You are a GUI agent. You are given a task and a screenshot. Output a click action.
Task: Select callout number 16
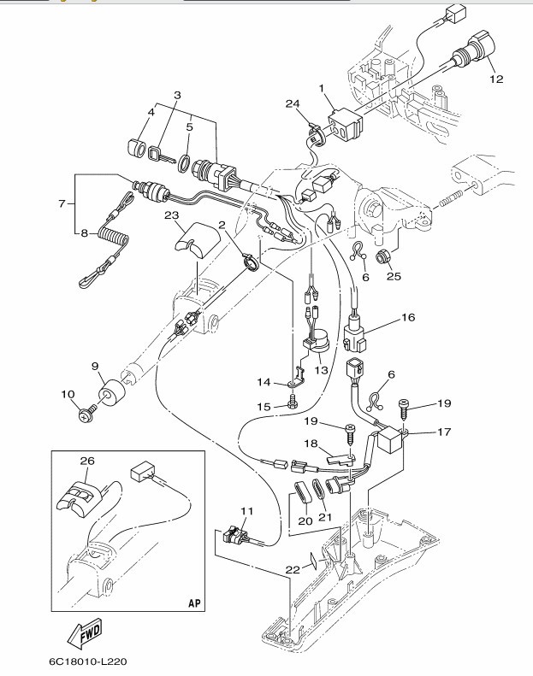pyautogui.click(x=407, y=317)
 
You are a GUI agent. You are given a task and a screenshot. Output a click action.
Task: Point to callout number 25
pyautogui.click(x=394, y=275)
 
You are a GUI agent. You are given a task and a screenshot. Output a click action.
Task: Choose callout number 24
pyautogui.click(x=293, y=104)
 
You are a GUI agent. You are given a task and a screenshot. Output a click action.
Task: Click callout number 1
pyautogui.click(x=321, y=88)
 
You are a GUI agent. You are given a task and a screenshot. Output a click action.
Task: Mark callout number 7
pyautogui.click(x=60, y=204)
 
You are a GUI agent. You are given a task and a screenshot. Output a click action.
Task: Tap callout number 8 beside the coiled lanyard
pyautogui.click(x=83, y=232)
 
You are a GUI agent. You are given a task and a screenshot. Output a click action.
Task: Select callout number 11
pyautogui.click(x=246, y=511)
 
